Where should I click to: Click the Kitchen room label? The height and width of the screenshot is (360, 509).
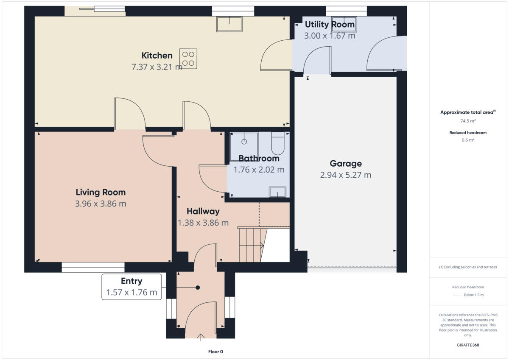pyautogui.click(x=157, y=56)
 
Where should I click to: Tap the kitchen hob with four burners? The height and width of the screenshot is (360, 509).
pyautogui.click(x=188, y=59)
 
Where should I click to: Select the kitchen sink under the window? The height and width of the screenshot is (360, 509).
pyautogui.click(x=229, y=24)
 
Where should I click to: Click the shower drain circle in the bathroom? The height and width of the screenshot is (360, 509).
pyautogui.click(x=244, y=142)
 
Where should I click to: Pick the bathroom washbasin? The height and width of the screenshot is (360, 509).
pyautogui.click(x=277, y=192)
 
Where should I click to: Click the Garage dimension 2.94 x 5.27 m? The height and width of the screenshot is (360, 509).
pyautogui.click(x=346, y=175)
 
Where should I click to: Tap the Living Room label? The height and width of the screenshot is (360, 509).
pyautogui.click(x=101, y=192)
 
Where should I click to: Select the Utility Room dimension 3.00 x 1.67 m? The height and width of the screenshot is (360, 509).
pyautogui.click(x=330, y=36)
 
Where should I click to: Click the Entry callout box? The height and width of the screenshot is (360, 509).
pyautogui.click(x=131, y=287)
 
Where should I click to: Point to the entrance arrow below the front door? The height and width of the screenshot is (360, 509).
pyautogui.click(x=201, y=338)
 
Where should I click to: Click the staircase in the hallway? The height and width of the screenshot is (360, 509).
pyautogui.click(x=252, y=245)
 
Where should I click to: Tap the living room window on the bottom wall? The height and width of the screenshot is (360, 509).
pyautogui.click(x=93, y=267)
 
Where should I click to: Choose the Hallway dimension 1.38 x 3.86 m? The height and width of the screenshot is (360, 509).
pyautogui.click(x=203, y=223)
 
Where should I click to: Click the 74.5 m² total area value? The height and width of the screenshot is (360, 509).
pyautogui.click(x=468, y=121)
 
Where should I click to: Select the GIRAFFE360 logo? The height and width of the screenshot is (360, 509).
pyautogui.click(x=468, y=345)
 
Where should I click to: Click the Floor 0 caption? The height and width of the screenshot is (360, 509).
pyautogui.click(x=215, y=352)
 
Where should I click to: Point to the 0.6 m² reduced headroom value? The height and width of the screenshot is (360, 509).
pyautogui.click(x=468, y=140)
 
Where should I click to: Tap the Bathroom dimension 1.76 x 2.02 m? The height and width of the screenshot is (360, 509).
pyautogui.click(x=259, y=170)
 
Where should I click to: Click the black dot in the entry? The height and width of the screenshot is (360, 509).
pyautogui.click(x=198, y=287)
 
